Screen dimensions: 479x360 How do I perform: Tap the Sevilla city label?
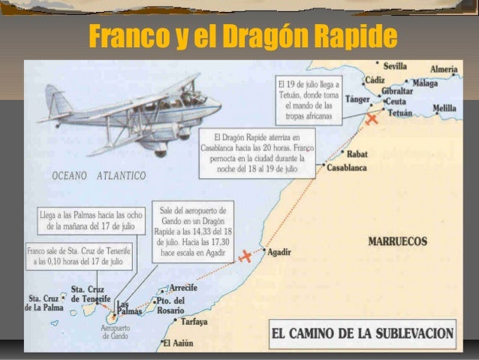click(x=395, y=66)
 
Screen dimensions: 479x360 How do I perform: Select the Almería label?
click(x=444, y=69)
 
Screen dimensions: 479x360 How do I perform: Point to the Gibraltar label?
click(x=397, y=91)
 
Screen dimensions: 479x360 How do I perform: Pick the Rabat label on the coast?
click(x=357, y=154)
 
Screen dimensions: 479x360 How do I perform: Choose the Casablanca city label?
click(x=347, y=168)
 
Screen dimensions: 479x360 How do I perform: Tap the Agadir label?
click(x=279, y=251)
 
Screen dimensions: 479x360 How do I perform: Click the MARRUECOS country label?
click(x=397, y=242)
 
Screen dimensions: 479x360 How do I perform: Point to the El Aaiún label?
click(x=177, y=344)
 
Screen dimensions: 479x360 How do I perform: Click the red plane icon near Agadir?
click(x=246, y=257)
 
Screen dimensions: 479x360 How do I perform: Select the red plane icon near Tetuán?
click(x=372, y=119)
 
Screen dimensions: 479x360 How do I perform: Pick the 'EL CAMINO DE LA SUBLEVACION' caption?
click(x=363, y=332)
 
